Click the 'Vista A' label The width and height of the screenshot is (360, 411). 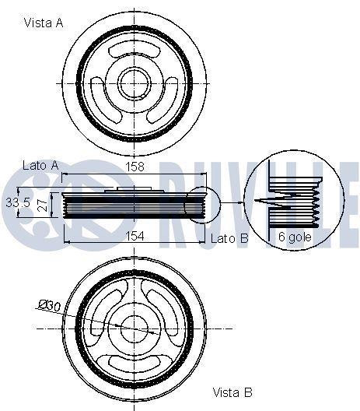[x=44, y=23]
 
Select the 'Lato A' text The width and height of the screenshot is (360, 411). [x=40, y=165]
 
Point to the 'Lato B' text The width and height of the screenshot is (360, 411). [x=229, y=238]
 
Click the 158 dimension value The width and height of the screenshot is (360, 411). [x=135, y=167]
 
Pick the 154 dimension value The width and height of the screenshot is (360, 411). [x=135, y=236]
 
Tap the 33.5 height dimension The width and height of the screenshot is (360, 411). [x=18, y=202]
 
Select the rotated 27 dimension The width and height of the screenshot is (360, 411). [x=43, y=205]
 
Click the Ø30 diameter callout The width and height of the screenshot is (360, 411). [x=50, y=305]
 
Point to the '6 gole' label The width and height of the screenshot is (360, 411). [x=295, y=237]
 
